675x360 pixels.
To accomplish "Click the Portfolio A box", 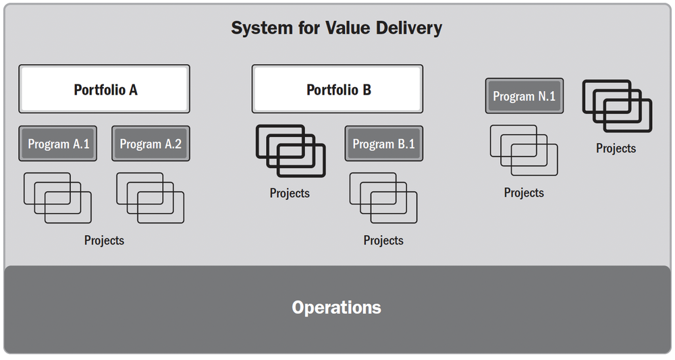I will (105, 89).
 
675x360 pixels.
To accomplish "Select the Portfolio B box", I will (337, 89).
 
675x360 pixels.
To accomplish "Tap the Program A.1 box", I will (58, 144).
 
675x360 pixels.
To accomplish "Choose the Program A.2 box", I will (151, 144).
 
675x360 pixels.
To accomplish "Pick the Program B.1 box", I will (383, 144).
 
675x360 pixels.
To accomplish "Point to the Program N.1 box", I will (524, 96).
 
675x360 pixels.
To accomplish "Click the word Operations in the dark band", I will (336, 308).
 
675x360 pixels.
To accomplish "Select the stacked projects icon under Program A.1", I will (57, 198).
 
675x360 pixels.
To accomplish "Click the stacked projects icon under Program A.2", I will (150, 198).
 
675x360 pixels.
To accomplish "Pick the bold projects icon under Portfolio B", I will (290, 151).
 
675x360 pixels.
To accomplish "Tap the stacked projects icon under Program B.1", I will (383, 198).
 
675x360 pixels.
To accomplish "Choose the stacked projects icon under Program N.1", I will (524, 150).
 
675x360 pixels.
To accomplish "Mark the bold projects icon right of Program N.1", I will (617, 106).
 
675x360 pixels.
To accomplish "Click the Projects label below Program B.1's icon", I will (383, 240).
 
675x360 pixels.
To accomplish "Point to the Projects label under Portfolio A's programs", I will (104, 240).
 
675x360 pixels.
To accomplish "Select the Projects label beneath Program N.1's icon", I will (524, 193).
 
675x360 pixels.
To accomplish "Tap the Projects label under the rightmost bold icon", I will (616, 149).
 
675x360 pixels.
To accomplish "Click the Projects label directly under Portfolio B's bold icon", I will (290, 194).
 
